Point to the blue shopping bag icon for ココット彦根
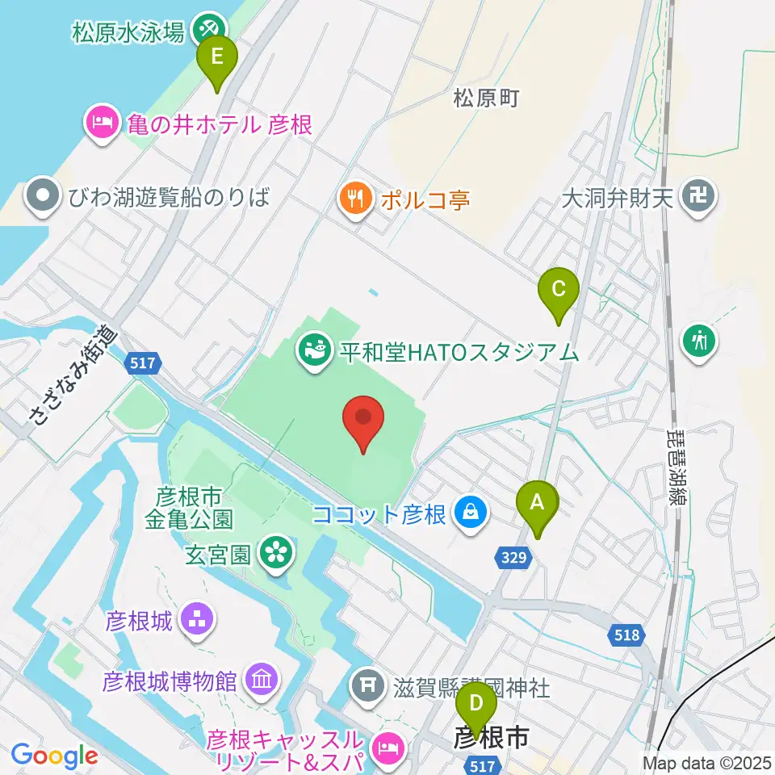pyautogui.click(x=470, y=511)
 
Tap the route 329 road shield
pyautogui.click(x=513, y=557)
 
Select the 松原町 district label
pyautogui.click(x=486, y=98)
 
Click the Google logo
pyautogui.click(x=55, y=756)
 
